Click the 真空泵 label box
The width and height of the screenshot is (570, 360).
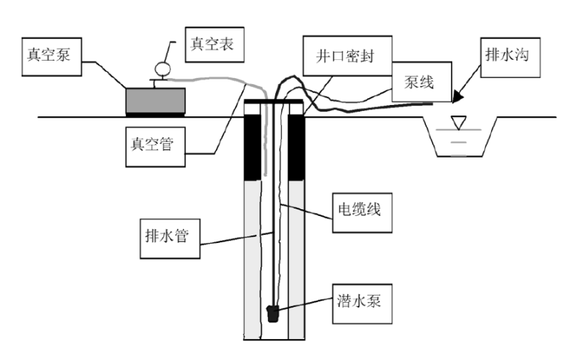(52, 55)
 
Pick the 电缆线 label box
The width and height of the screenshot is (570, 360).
(357, 209)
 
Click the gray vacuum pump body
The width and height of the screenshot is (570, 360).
(154, 100)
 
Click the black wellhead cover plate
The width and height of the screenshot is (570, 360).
(274, 100)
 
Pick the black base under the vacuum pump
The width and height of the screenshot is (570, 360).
(154, 115)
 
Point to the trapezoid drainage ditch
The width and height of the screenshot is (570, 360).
(460, 139)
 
